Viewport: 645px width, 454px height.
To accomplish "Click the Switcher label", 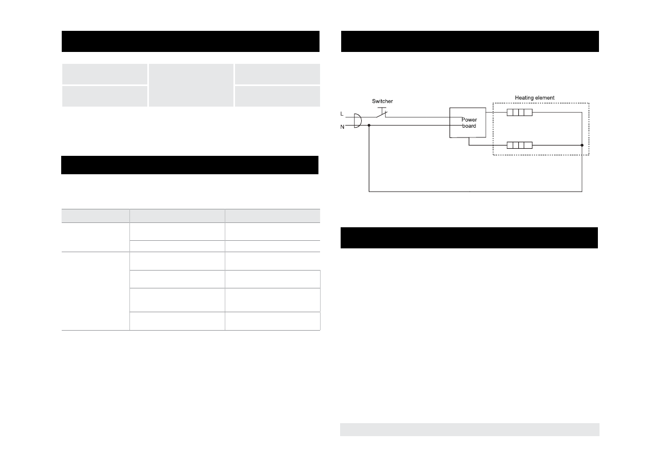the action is pos(382,101).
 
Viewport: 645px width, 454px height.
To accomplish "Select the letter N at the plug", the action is pos(342,126).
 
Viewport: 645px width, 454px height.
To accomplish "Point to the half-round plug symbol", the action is pos(356,120).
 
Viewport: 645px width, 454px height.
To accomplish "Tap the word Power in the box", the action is pos(468,120).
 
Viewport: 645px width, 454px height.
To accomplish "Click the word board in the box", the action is pos(468,126).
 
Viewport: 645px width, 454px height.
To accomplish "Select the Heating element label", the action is pos(534,98).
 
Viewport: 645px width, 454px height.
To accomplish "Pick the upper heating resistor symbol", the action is pos(519,113).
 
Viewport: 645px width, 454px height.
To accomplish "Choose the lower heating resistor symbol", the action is pos(519,145).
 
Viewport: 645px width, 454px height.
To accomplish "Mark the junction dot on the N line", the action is pos(369,126).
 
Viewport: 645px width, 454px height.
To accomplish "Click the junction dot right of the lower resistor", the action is pos(582,145).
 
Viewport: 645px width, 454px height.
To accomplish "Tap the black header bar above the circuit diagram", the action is pos(470,41).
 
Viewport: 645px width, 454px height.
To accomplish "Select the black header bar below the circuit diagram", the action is pos(469,238).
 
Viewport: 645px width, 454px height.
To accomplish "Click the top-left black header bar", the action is pos(190,41).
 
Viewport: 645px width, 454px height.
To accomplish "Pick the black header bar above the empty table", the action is pos(190,165).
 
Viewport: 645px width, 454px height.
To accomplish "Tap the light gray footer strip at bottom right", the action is pos(470,429).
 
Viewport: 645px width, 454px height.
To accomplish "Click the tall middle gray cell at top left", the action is pos(191,85).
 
